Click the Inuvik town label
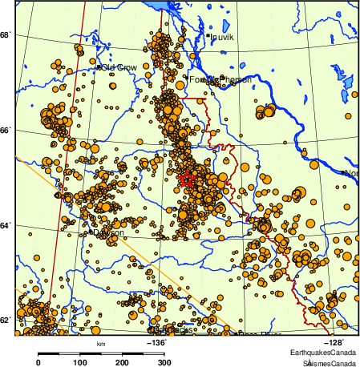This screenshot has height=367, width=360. click(221, 37)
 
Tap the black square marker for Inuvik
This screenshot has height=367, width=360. click(207, 35)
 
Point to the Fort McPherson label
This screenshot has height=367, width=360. click(220, 80)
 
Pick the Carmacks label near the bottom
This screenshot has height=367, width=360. click(173, 329)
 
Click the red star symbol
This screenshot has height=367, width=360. click(185, 179)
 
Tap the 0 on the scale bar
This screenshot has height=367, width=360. click(38, 362)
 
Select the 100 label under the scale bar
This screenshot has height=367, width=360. click(80, 362)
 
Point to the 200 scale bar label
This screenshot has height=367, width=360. click(122, 362)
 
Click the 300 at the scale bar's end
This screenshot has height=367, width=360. click(164, 362)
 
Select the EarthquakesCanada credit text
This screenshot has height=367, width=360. click(323, 353)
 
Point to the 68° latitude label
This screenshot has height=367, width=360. click(6, 35)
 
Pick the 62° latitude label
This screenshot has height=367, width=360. click(6, 321)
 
